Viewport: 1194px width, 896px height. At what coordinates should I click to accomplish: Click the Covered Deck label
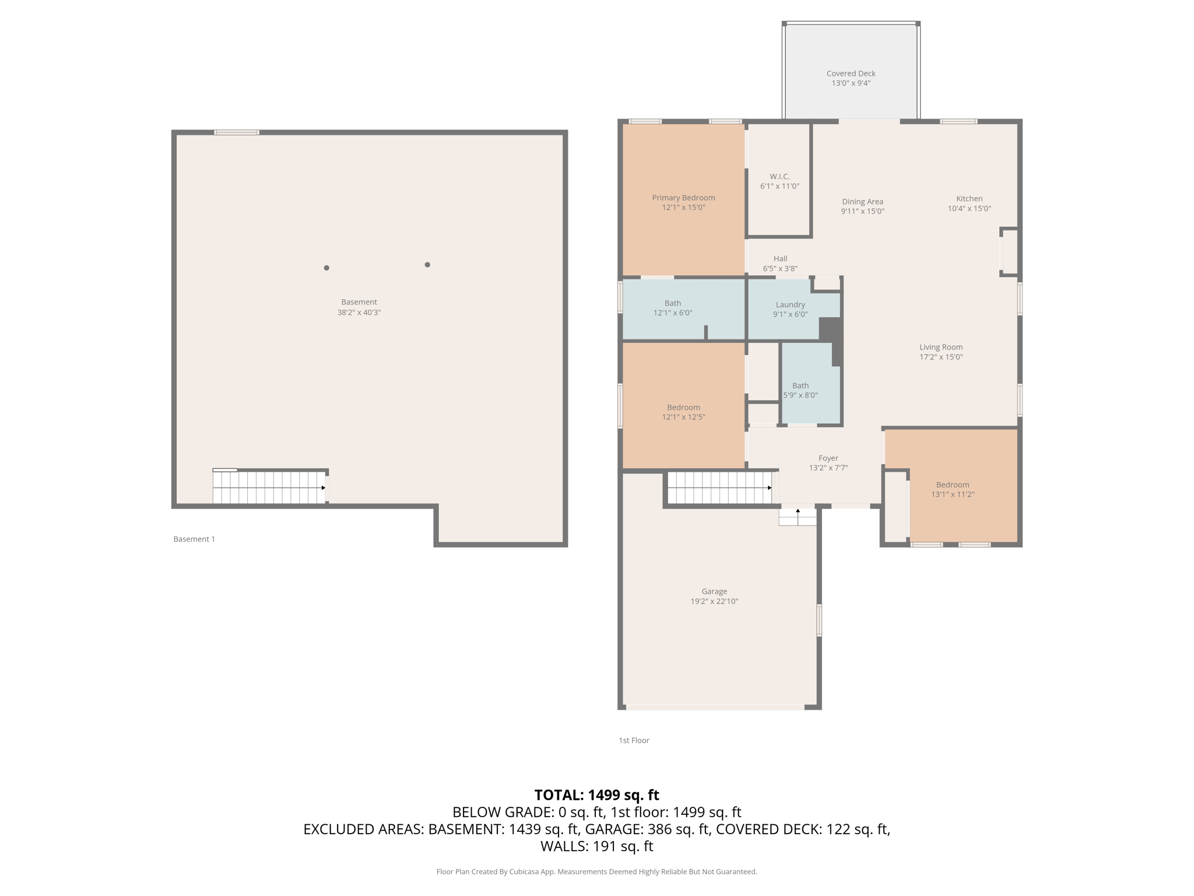(851, 73)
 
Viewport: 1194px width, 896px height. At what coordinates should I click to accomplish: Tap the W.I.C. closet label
(779, 177)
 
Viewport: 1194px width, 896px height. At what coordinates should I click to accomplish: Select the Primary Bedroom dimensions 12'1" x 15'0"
(683, 208)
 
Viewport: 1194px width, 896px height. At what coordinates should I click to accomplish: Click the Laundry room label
(790, 304)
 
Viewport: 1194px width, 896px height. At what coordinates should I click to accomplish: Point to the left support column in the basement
(326, 268)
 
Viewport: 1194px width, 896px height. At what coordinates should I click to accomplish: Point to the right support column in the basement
(427, 265)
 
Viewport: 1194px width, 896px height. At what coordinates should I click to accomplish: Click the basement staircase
(269, 487)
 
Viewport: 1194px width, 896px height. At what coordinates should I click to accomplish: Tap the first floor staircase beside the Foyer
(719, 488)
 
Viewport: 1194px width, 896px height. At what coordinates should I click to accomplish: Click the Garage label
(714, 591)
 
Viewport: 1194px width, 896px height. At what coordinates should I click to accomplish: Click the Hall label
(780, 259)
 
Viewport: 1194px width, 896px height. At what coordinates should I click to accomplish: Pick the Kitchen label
(969, 199)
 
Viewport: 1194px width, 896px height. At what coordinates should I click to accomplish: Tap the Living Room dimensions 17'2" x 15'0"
(940, 357)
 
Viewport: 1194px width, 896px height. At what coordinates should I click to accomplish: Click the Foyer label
(828, 459)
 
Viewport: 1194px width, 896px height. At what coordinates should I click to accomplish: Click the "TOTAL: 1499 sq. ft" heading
(596, 795)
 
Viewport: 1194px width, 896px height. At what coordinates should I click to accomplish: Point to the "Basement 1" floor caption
(194, 539)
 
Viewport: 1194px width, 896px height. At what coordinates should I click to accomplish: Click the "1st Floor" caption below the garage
(634, 740)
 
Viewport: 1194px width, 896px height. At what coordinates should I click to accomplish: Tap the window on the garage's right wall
(819, 620)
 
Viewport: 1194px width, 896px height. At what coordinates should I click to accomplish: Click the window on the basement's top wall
(237, 132)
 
